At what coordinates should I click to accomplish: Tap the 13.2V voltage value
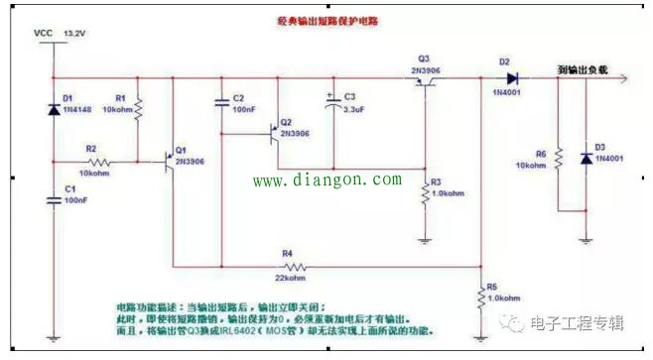[75, 33]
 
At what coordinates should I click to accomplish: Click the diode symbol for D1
[52, 108]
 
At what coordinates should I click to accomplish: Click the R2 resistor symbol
[96, 161]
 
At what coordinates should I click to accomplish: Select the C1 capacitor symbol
[52, 200]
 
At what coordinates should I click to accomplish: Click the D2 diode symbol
[513, 78]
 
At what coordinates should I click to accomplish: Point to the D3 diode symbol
[586, 158]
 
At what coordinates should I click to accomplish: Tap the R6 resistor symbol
[558, 159]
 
